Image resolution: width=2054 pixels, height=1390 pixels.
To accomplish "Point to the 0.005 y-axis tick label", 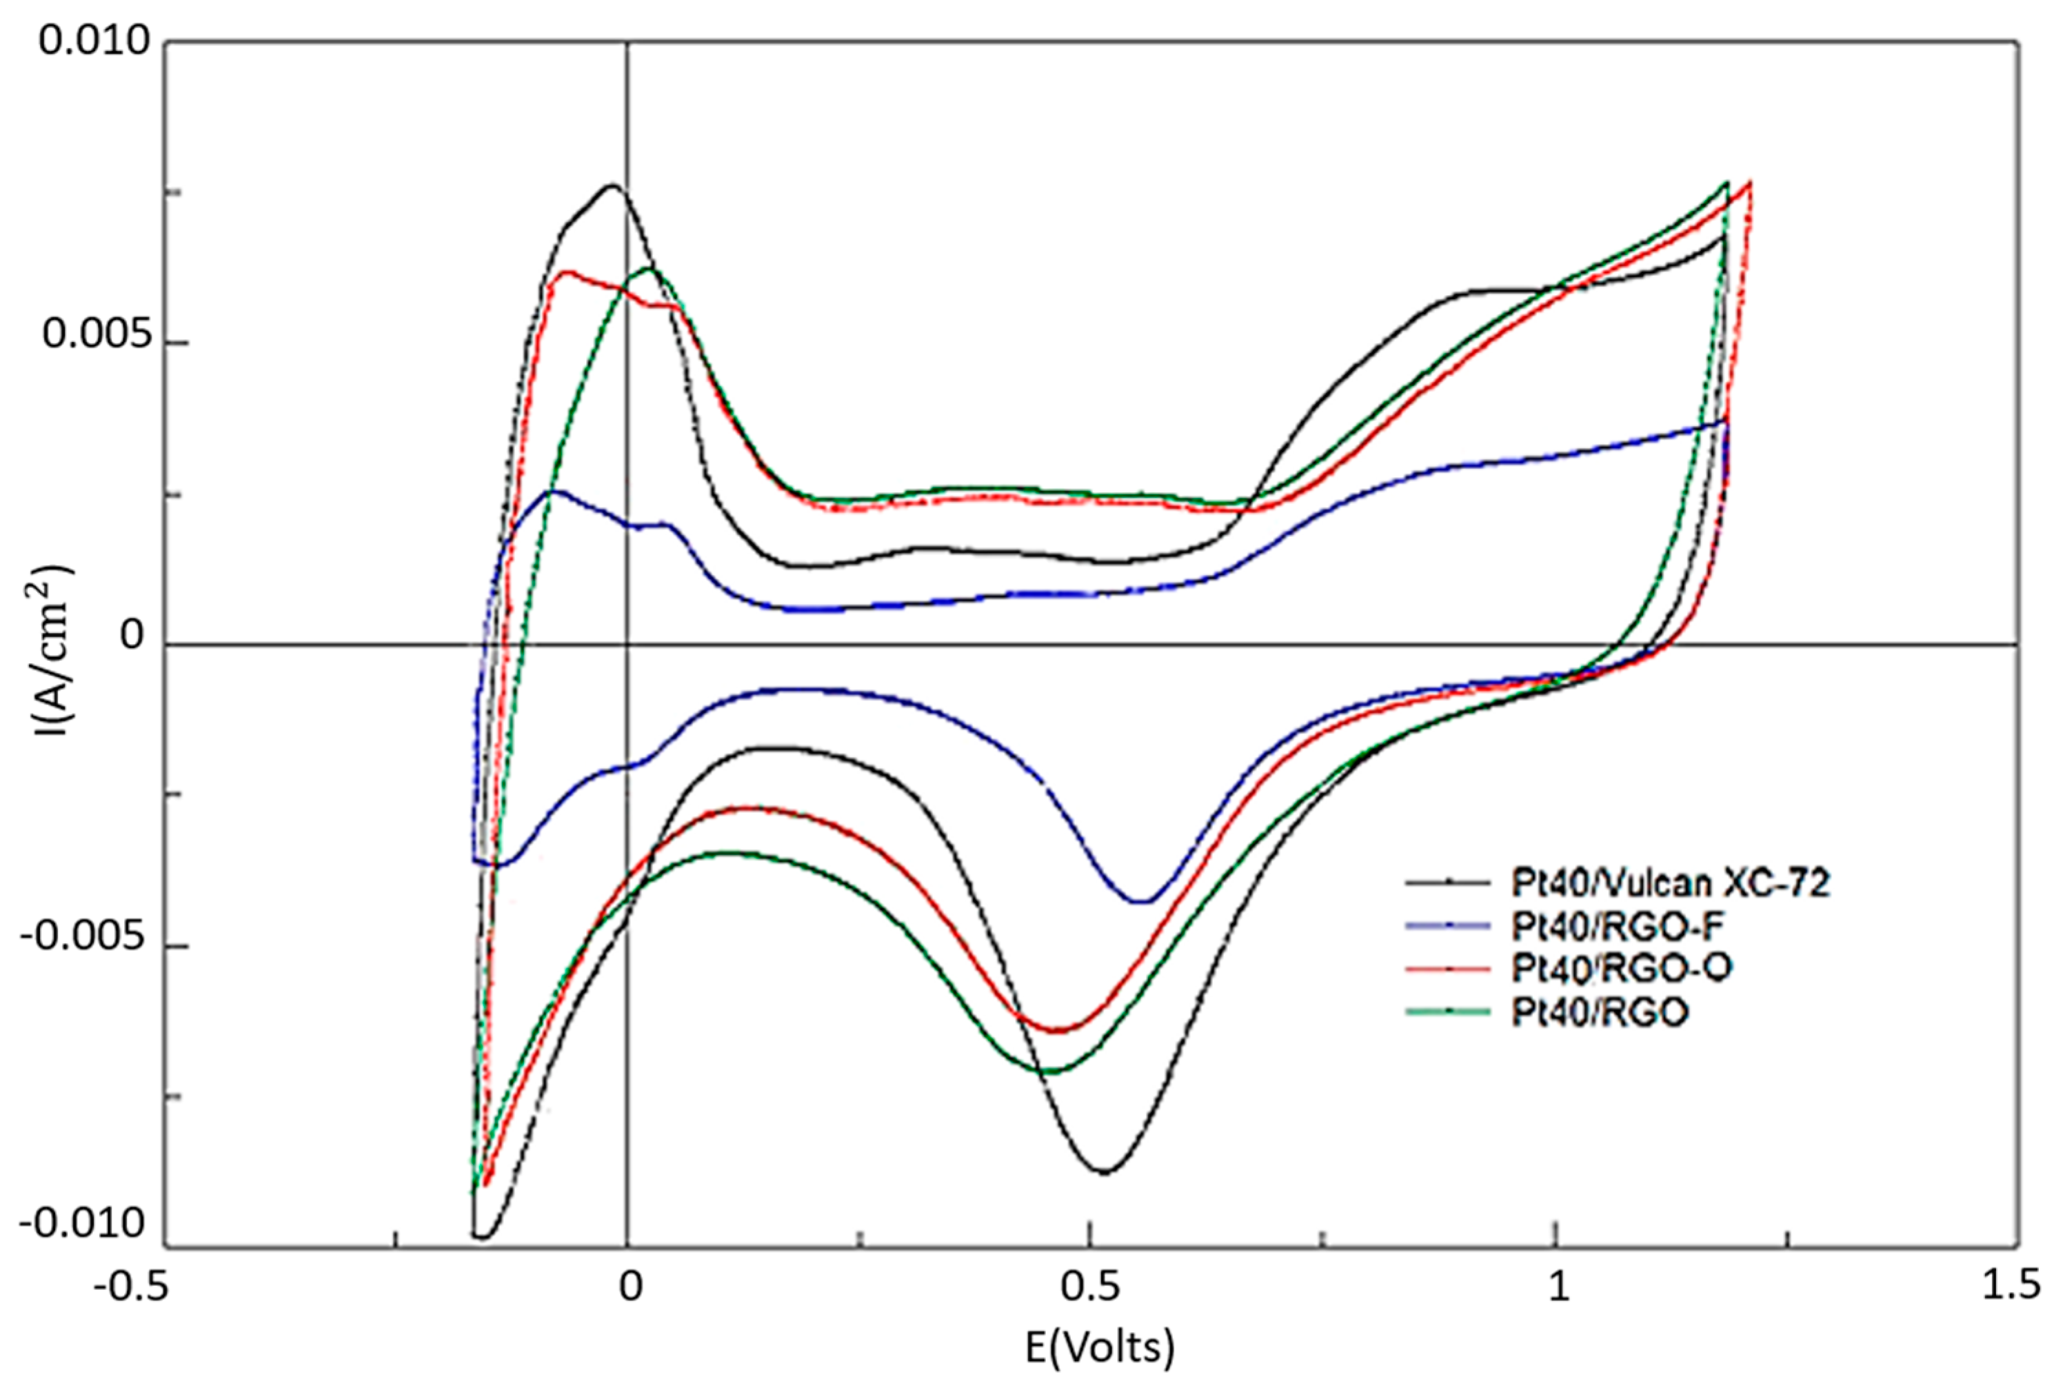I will [x=95, y=335].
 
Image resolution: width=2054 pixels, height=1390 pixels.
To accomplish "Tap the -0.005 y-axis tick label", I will [x=81, y=938].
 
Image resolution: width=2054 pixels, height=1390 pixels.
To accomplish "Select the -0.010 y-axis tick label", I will [x=81, y=1224].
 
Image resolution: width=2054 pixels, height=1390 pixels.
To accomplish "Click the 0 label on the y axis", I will [x=132, y=635].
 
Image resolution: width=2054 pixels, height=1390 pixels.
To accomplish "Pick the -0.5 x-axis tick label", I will [x=131, y=1287].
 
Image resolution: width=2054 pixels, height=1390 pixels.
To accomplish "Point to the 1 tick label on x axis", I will [x=1558, y=1287].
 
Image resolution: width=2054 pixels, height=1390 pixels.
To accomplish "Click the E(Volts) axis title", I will [x=1100, y=1347].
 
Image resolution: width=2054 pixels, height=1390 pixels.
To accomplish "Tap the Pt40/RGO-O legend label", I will [x=1621, y=969].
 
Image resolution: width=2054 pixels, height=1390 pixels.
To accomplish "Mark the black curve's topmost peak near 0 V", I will [x=612, y=185].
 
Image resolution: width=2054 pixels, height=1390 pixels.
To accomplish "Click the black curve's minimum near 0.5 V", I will [x=1105, y=1171].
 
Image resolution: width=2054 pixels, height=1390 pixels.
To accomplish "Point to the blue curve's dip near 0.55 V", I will [x=1142, y=901].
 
